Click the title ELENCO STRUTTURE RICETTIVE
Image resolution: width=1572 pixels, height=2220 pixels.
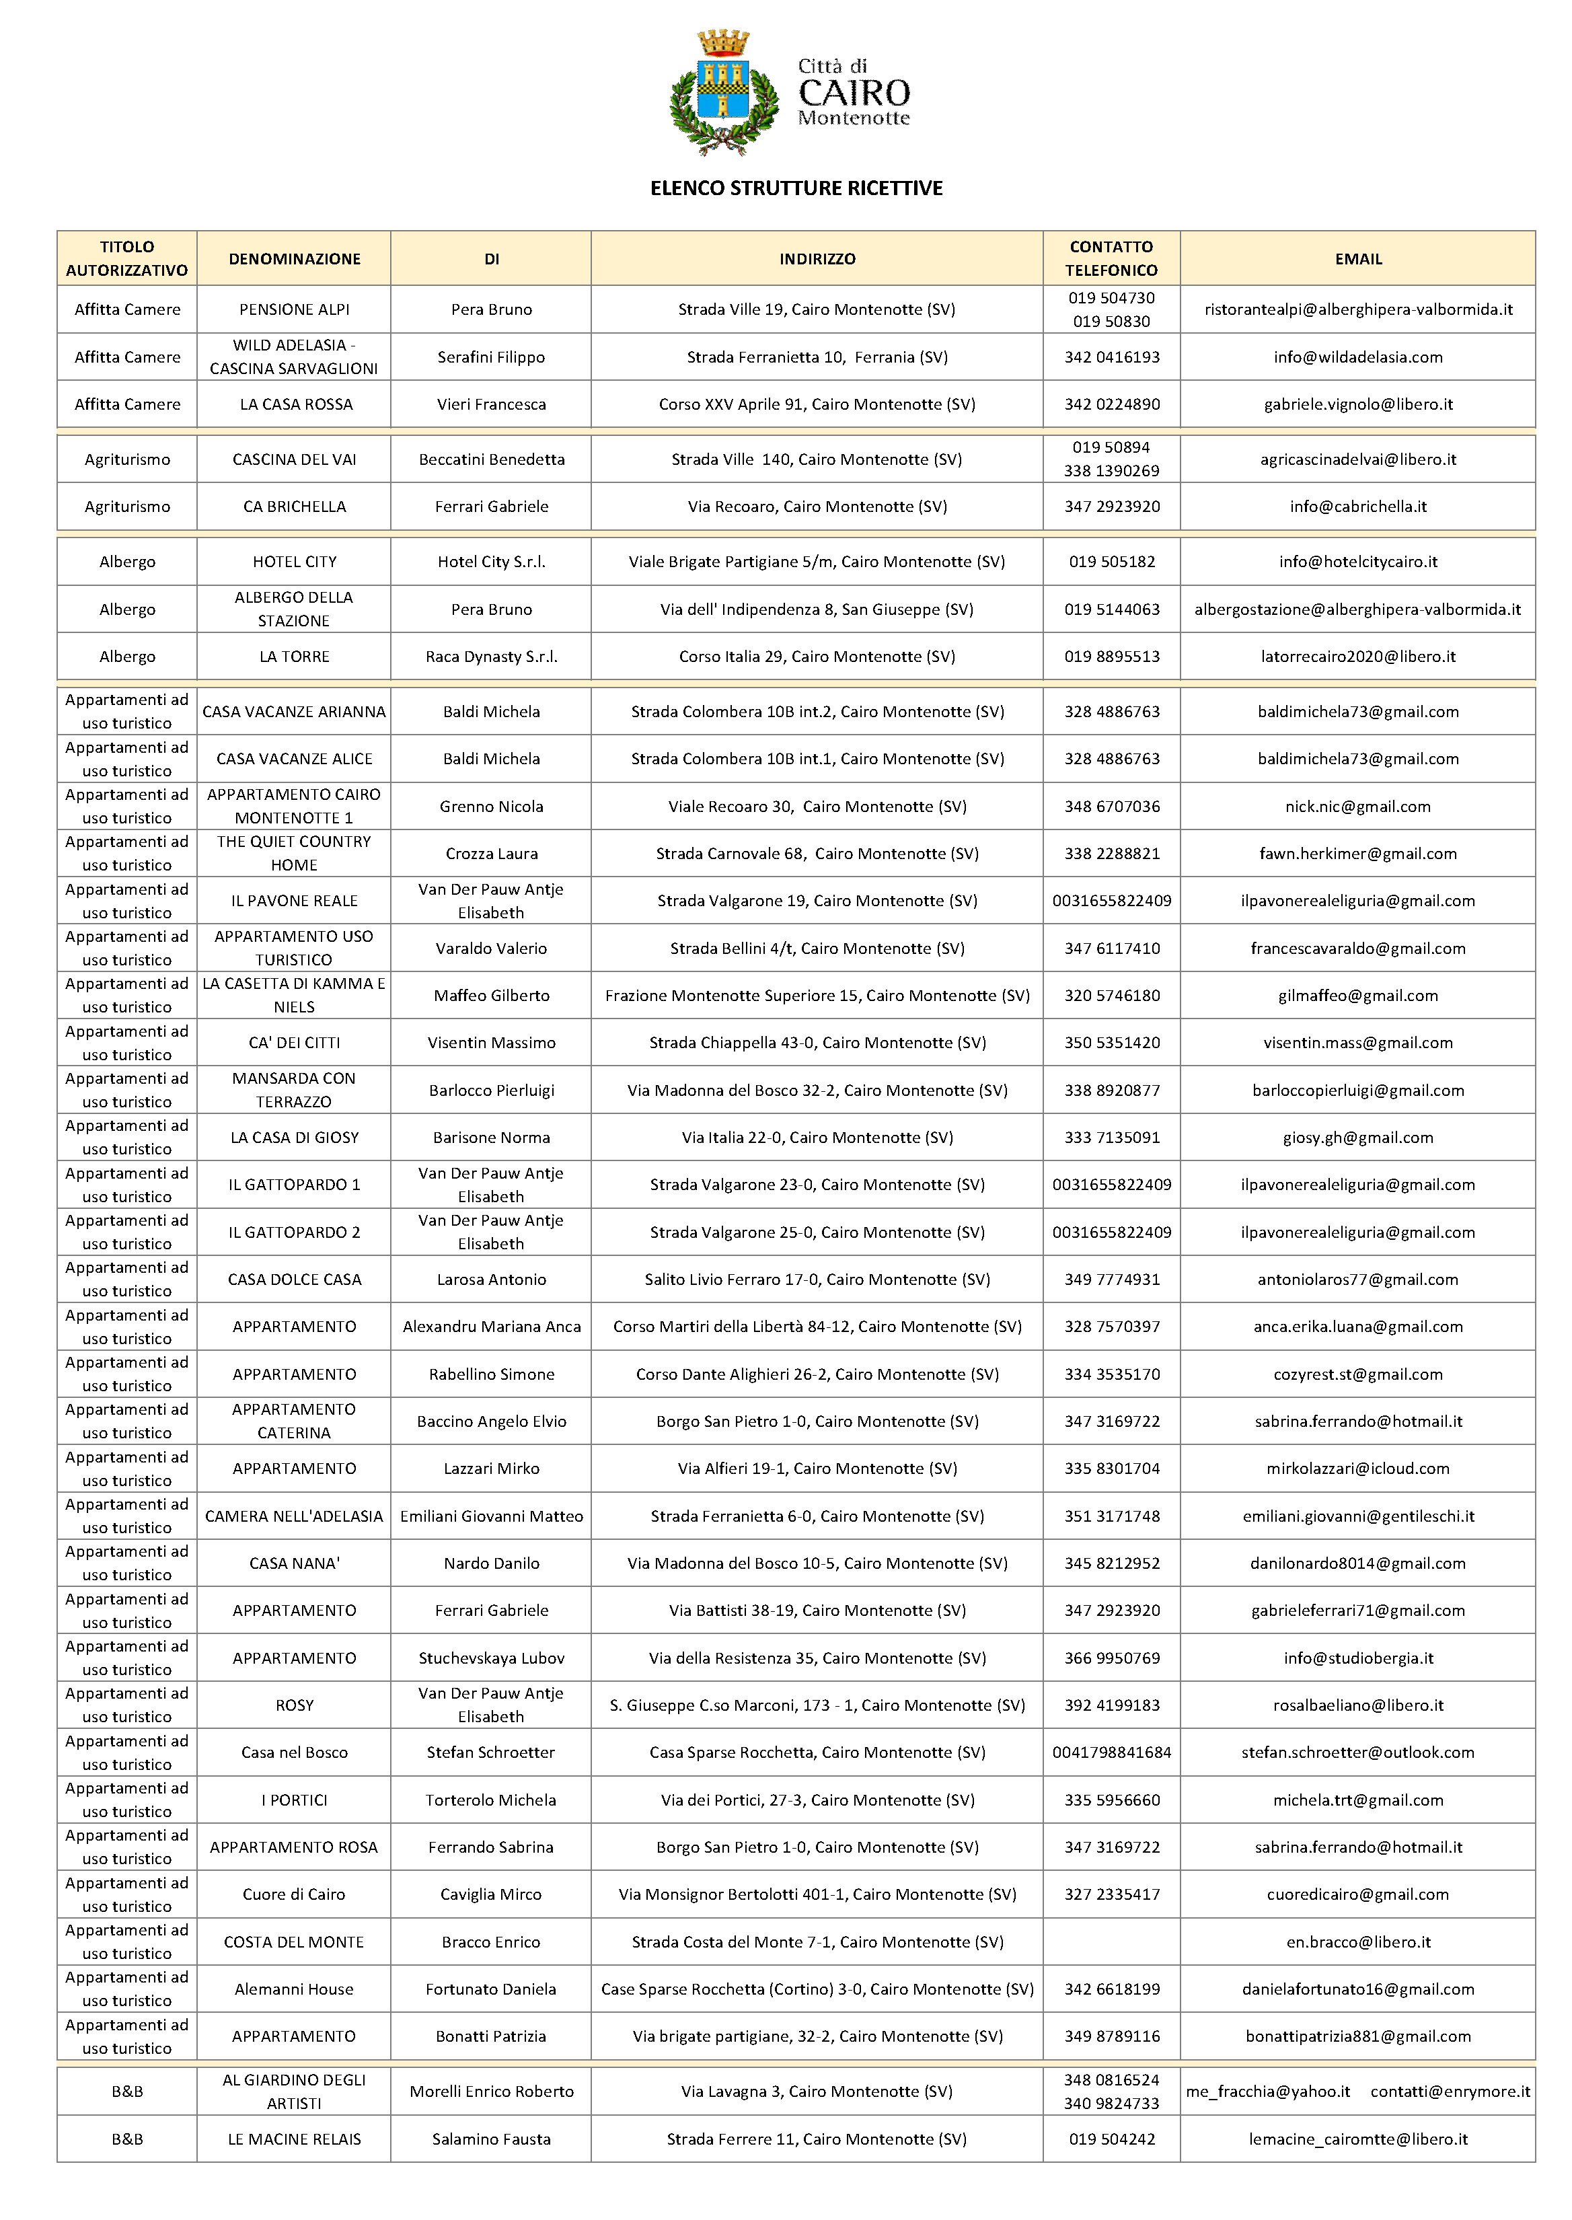pyautogui.click(x=796, y=188)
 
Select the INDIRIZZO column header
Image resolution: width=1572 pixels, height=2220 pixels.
pyautogui.click(x=817, y=258)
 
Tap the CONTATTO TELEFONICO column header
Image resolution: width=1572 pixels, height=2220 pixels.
pyautogui.click(x=1111, y=258)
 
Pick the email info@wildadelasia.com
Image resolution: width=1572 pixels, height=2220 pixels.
pyautogui.click(x=1357, y=357)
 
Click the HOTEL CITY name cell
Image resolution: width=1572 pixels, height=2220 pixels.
pyautogui.click(x=294, y=562)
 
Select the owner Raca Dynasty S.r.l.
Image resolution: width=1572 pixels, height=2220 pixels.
pyautogui.click(x=491, y=657)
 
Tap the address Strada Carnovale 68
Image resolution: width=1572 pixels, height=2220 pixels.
pyautogui.click(x=817, y=854)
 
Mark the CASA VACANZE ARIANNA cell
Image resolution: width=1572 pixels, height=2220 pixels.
pyautogui.click(x=294, y=712)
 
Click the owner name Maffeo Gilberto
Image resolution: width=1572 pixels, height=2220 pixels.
pyautogui.click(x=491, y=995)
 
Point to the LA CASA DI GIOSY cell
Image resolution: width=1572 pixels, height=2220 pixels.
pyautogui.click(x=294, y=1138)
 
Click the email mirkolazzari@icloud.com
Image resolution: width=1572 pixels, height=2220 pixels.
pyautogui.click(x=1357, y=1469)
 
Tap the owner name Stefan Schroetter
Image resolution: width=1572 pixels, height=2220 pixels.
pyautogui.click(x=491, y=1752)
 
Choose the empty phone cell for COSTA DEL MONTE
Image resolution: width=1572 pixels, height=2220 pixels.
pyautogui.click(x=1111, y=1942)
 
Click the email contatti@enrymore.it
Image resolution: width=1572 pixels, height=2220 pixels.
pyautogui.click(x=1450, y=2092)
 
